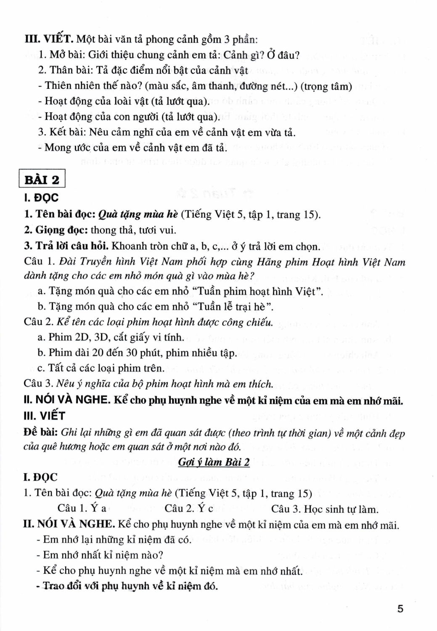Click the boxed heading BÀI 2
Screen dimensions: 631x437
[x=42, y=180]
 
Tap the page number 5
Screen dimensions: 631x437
[x=400, y=609]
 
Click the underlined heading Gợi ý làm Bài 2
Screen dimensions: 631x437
[x=214, y=462]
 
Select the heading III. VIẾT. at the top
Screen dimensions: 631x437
[x=50, y=40]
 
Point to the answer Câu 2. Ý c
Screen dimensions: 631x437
[x=189, y=509]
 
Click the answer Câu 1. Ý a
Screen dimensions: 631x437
[x=82, y=509]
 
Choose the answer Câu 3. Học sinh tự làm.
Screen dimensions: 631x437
[x=324, y=509]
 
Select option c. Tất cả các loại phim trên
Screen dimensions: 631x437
[x=101, y=368]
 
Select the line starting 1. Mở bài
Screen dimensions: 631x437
[x=168, y=55]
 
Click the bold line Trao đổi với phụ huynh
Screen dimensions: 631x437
[x=127, y=586]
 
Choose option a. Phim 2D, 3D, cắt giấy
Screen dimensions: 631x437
[x=111, y=337]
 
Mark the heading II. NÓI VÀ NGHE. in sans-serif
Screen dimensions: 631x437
[x=67, y=400]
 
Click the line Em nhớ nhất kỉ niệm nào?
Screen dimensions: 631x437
[x=100, y=555]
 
